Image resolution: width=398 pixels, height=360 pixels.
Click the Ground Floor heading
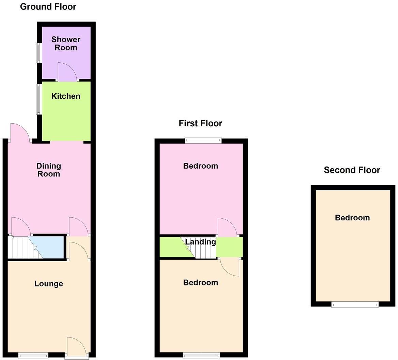(48, 6)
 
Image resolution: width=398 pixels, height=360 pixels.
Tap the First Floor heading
(200, 123)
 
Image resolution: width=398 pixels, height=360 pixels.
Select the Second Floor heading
(352, 170)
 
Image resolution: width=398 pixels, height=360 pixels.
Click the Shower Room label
(66, 44)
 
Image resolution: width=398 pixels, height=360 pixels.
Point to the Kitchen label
(66, 96)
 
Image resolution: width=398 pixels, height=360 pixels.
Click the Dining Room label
(48, 170)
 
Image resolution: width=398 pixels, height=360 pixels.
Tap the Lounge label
(49, 283)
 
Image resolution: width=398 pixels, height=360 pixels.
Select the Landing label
(200, 242)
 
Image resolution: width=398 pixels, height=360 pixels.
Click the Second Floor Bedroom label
(352, 218)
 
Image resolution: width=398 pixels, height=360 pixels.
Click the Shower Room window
(39, 53)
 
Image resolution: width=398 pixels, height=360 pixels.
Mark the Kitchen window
(39, 99)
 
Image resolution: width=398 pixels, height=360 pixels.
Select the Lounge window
(33, 355)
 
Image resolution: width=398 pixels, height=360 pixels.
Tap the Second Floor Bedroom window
(355, 304)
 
